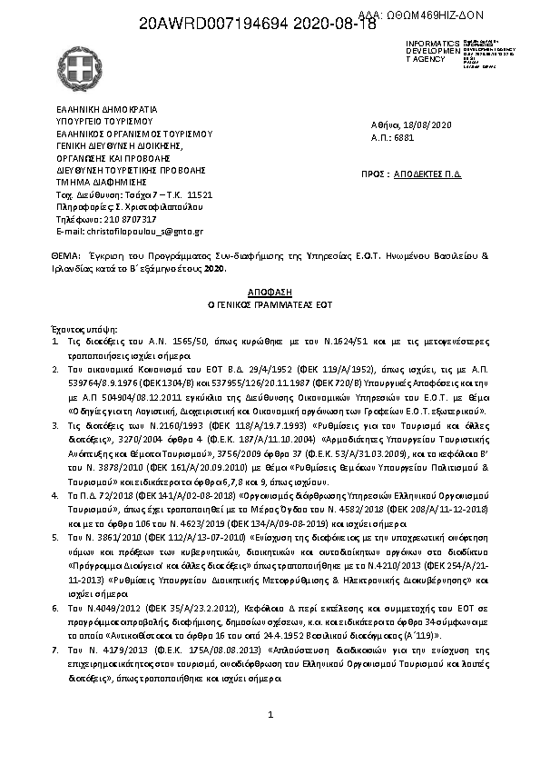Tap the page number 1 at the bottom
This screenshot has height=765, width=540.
270,716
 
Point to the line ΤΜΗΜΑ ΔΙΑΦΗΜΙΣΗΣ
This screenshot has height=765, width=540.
99,181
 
